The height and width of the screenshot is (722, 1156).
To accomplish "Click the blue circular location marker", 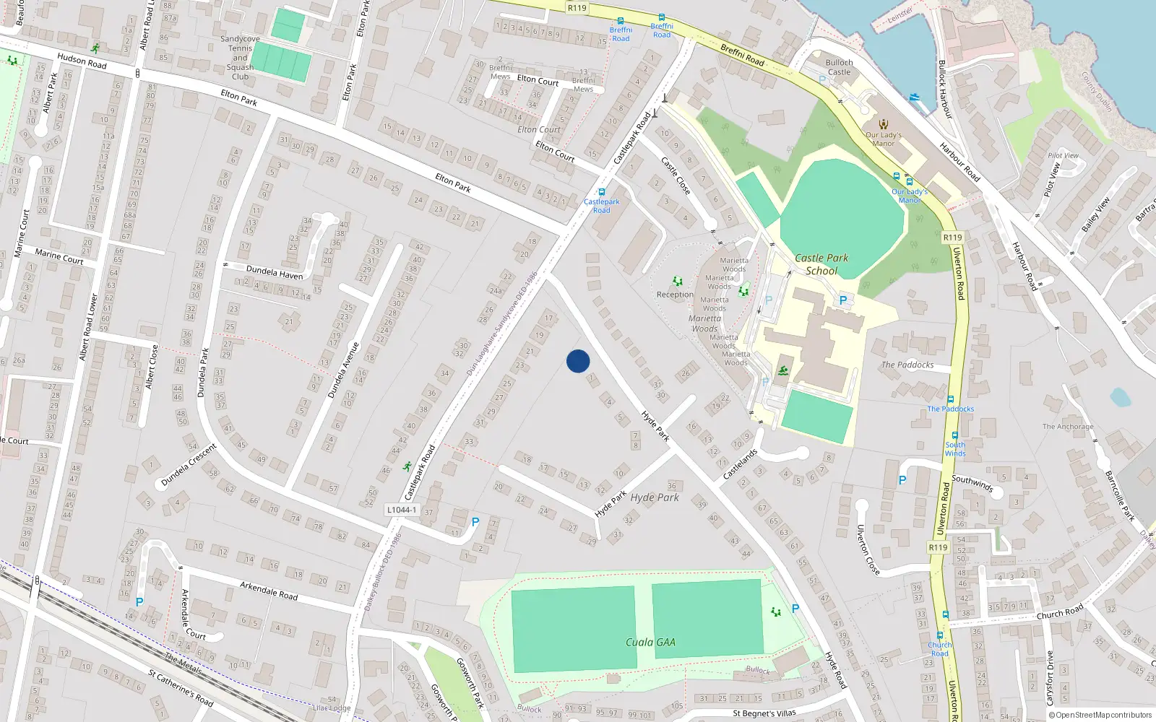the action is tap(578, 361).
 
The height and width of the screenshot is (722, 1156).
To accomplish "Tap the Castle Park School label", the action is tap(821, 264).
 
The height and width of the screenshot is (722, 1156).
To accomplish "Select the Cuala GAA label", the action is tap(650, 642).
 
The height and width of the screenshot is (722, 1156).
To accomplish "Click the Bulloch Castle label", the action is tap(839, 67).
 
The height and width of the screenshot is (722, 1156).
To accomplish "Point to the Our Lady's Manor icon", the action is tap(883, 123).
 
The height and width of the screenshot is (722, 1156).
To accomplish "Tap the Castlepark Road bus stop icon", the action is tap(601, 193).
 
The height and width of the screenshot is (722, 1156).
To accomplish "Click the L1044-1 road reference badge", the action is tap(401, 510).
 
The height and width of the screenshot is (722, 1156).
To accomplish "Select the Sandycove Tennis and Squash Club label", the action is tap(240, 58).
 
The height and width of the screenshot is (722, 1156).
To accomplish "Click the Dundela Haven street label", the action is tap(275, 272).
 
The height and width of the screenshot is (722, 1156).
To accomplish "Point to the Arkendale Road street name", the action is tap(269, 591).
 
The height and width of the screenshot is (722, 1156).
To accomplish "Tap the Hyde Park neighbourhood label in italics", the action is tap(655, 497).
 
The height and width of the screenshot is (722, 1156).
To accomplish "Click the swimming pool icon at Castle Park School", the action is tap(783, 371).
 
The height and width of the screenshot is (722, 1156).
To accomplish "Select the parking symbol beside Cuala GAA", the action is tap(795, 609).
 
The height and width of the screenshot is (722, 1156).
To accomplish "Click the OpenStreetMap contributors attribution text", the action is tap(1099, 715).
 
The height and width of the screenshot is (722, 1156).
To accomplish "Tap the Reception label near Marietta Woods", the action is tap(675, 295).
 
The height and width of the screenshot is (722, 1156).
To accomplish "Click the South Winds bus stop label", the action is tap(954, 449).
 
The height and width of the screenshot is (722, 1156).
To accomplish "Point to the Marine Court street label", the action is tap(59, 256).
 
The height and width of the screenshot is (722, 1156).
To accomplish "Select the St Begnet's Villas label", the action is tap(764, 713).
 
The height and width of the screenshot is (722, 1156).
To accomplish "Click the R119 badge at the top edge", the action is tap(577, 8).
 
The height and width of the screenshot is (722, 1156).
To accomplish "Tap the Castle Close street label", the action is tap(676, 176).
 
